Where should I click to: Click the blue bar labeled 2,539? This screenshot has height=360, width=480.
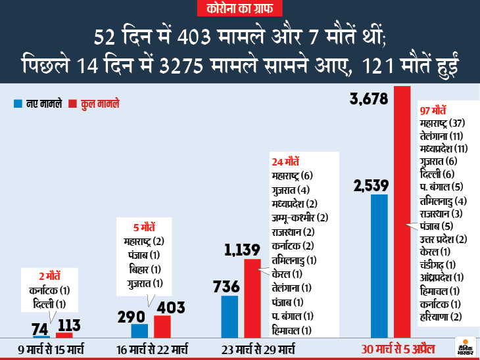(379, 266)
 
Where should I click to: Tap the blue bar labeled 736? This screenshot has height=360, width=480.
(229, 317)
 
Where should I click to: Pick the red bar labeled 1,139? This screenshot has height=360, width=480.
(252, 298)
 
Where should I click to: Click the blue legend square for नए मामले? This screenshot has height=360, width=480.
(17, 104)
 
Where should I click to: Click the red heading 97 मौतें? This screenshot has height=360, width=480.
(433, 110)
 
